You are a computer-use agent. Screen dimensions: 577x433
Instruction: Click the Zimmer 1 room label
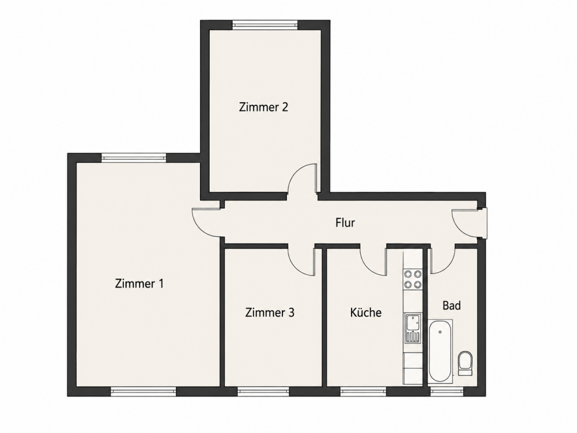click(x=139, y=284)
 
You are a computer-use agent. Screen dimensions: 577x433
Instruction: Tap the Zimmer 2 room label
click(x=264, y=107)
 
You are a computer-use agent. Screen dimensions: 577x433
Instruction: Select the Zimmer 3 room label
click(x=270, y=312)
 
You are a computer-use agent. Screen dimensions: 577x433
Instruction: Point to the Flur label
click(x=345, y=222)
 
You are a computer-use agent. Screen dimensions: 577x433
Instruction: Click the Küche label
click(x=366, y=312)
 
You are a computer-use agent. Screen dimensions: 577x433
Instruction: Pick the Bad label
click(x=451, y=305)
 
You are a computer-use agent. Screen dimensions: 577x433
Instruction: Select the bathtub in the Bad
click(x=441, y=351)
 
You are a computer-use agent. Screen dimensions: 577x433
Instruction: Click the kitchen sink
click(x=412, y=328)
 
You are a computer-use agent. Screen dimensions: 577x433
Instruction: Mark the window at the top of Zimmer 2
click(x=265, y=25)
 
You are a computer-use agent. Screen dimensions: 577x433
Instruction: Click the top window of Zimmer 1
click(x=134, y=158)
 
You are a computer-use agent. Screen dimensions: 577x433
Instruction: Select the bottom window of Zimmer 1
click(x=144, y=391)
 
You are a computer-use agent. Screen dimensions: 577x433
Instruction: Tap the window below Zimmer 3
click(x=263, y=391)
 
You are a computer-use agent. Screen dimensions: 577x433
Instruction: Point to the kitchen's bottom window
click(x=363, y=391)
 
